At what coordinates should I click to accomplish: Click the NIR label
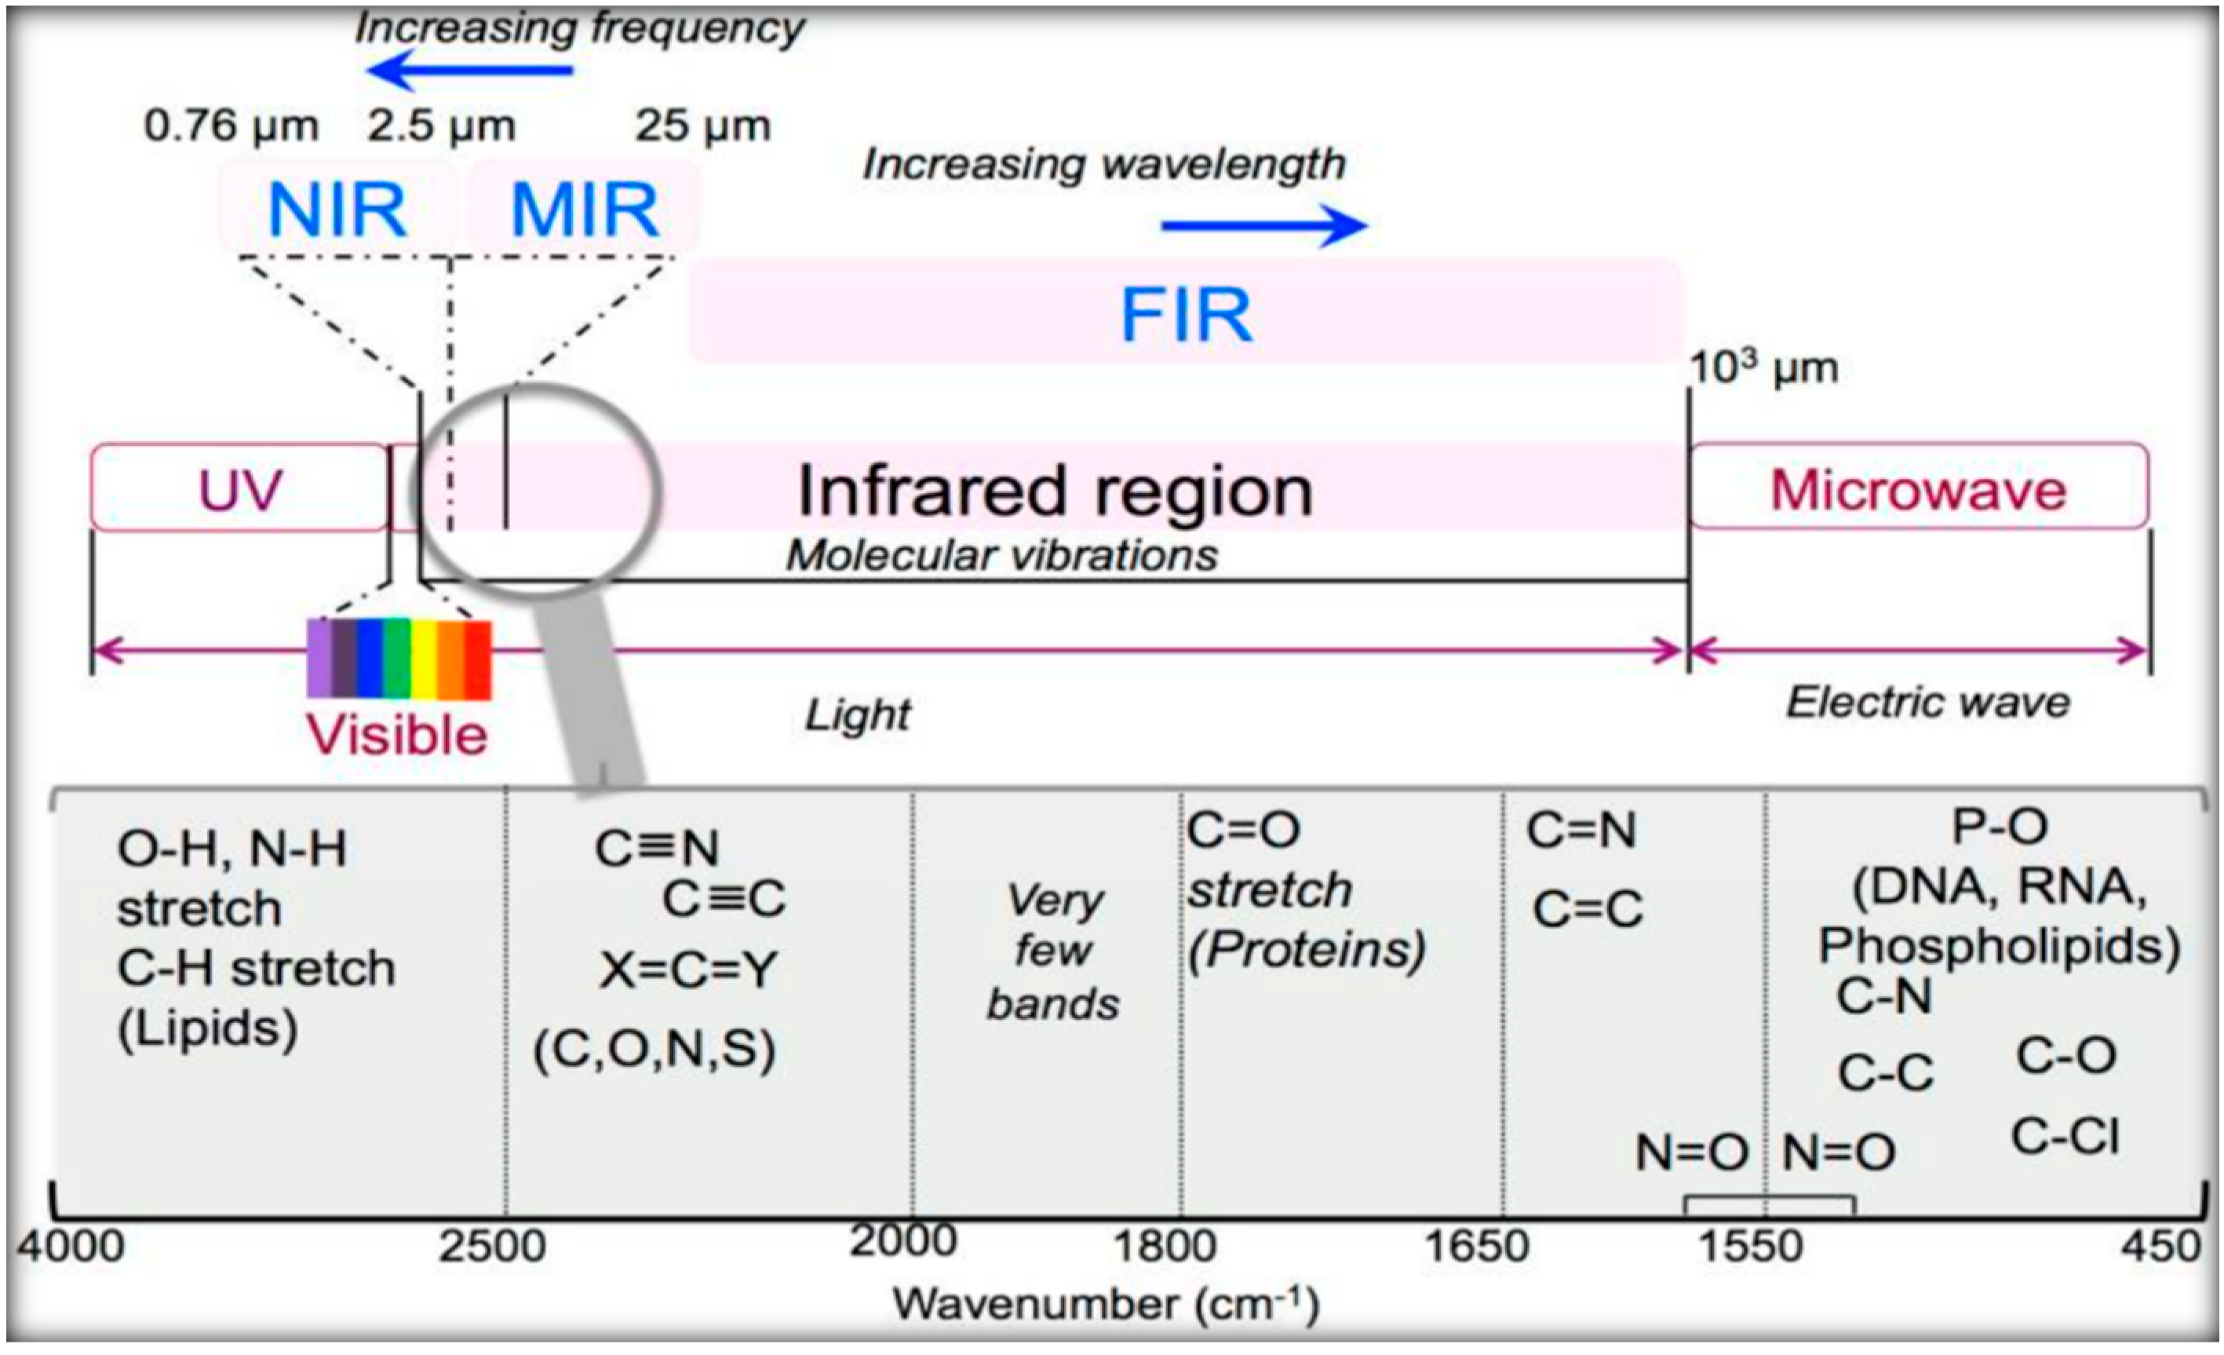(x=337, y=210)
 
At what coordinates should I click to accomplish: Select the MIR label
(x=585, y=210)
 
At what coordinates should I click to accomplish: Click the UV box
(x=239, y=488)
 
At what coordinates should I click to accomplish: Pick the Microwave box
(x=1918, y=488)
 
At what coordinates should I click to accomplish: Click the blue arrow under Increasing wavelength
(x=1263, y=225)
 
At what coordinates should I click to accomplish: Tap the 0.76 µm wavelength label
(x=231, y=126)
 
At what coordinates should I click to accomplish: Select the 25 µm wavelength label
(x=702, y=126)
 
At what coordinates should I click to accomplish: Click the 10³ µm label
(x=1763, y=368)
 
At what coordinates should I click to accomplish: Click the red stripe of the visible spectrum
(x=477, y=659)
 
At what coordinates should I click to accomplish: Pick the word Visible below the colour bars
(x=397, y=735)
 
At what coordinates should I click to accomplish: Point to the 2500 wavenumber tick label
(x=493, y=1247)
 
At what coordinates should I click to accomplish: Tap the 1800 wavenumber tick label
(x=1165, y=1247)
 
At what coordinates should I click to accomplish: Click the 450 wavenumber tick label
(x=2162, y=1247)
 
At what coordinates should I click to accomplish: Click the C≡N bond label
(x=657, y=849)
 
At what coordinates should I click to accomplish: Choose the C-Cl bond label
(x=2065, y=1137)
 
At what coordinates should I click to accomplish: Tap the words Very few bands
(x=1053, y=951)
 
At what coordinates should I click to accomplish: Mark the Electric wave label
(x=1928, y=703)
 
